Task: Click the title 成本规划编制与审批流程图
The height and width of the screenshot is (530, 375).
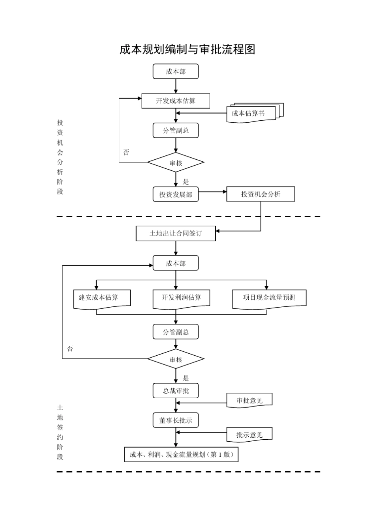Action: (x=187, y=49)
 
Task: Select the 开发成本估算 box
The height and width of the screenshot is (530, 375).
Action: (x=176, y=101)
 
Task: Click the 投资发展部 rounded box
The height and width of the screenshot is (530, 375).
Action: (x=176, y=194)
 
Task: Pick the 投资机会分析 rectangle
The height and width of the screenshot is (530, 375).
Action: (x=261, y=194)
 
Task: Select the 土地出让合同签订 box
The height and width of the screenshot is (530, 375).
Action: (x=176, y=233)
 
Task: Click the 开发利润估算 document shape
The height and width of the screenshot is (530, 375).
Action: (x=181, y=298)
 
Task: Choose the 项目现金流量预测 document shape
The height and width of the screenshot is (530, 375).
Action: (x=269, y=298)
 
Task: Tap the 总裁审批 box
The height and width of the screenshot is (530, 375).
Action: (x=176, y=391)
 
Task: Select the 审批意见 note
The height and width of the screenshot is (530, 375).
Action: (x=249, y=401)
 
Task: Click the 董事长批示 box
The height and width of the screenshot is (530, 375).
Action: (x=176, y=420)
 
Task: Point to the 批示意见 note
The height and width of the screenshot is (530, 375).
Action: (x=249, y=435)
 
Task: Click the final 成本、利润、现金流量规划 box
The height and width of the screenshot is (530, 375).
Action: (x=182, y=455)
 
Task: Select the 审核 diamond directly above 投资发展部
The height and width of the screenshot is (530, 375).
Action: (x=176, y=162)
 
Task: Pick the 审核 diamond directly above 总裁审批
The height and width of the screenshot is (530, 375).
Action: (x=176, y=359)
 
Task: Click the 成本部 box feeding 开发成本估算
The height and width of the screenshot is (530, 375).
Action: (x=176, y=71)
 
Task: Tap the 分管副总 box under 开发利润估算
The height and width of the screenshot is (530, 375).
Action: (x=176, y=332)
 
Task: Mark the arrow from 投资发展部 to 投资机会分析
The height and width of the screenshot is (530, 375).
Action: (x=212, y=192)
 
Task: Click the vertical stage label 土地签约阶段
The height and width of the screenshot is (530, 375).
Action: (x=60, y=432)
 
